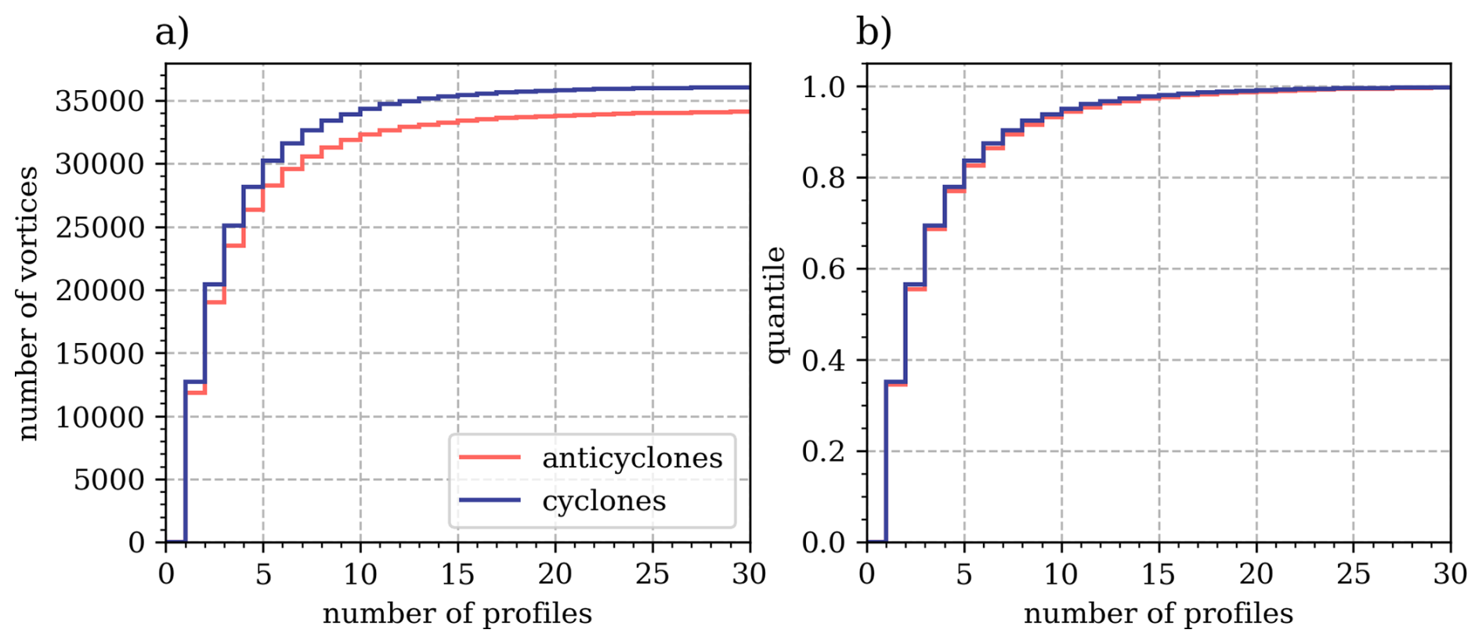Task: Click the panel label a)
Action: tap(172, 33)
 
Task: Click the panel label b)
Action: tap(873, 33)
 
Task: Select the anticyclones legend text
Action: tap(632, 458)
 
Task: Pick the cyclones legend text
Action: tap(604, 501)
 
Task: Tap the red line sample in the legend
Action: tap(490, 458)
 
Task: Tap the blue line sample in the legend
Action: tap(490, 501)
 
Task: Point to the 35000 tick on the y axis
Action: tap(99, 101)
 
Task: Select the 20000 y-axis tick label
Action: tap(99, 291)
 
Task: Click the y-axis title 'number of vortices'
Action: tap(28, 303)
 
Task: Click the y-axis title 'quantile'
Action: tap(775, 305)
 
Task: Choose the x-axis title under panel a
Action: tap(457, 613)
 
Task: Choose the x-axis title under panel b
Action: tap(1158, 613)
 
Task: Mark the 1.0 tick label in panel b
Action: tap(823, 87)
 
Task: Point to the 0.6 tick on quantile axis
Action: tap(823, 270)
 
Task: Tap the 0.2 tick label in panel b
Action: tap(823, 452)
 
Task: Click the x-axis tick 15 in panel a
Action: tap(457, 574)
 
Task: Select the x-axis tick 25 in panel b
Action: tap(1353, 574)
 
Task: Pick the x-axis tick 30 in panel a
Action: tap(749, 574)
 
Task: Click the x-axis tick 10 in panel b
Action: tap(1061, 574)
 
